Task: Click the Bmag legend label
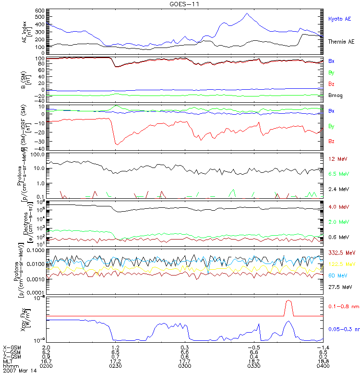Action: [334, 96]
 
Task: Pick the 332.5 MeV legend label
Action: [338, 252]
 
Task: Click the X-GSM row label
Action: [12, 347]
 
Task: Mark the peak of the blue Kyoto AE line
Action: [247, 13]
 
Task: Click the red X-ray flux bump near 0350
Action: [288, 301]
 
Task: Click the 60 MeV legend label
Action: [335, 276]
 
